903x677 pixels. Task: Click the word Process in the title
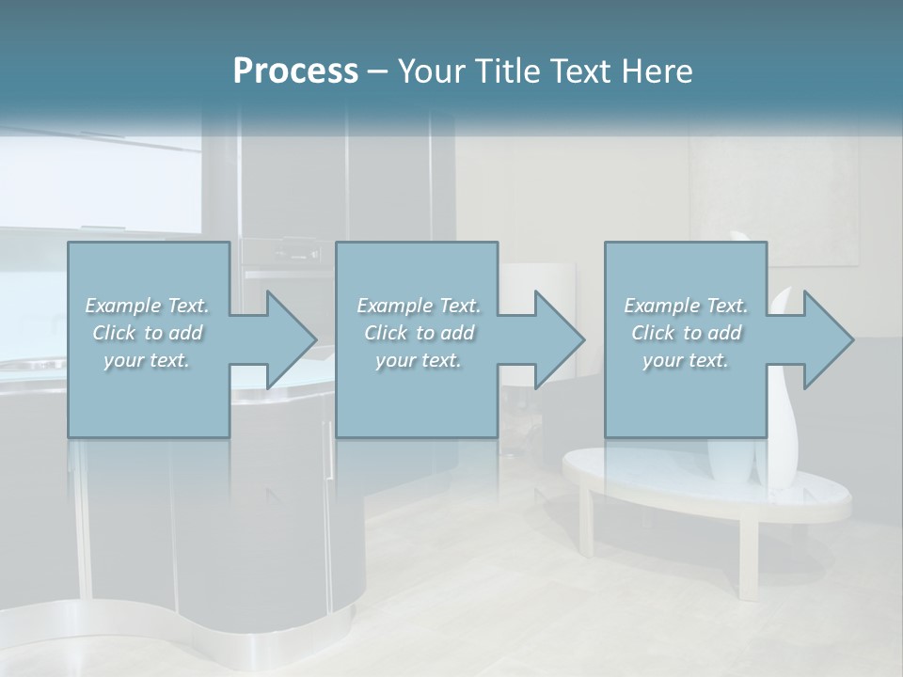tap(295, 71)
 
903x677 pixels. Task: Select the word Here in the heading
tap(657, 71)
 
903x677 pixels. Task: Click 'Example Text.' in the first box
tap(147, 306)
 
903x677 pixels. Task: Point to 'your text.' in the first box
tap(147, 360)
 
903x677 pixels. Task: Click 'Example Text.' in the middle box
tap(419, 306)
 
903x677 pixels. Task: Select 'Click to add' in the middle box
tap(419, 333)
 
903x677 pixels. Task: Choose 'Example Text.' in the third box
tap(686, 306)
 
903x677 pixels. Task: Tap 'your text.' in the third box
tap(686, 360)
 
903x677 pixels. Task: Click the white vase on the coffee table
tap(783, 414)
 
